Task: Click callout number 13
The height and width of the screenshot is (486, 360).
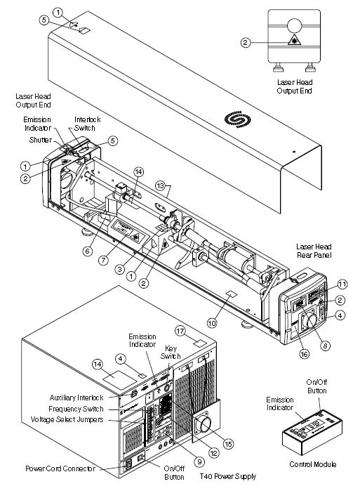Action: tap(160, 185)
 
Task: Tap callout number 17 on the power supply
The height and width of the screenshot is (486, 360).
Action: tap(180, 330)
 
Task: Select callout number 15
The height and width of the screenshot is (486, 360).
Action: tap(228, 444)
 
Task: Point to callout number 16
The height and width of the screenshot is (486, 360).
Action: tap(305, 354)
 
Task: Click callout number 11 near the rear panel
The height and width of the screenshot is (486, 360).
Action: tap(342, 284)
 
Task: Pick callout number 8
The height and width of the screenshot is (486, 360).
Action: tap(325, 346)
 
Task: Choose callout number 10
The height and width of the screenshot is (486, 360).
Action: tap(212, 323)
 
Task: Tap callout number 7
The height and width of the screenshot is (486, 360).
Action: tap(103, 260)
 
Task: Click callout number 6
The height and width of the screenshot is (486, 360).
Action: tap(88, 251)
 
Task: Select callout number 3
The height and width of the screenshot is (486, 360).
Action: tap(120, 269)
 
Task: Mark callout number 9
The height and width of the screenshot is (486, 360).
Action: tap(199, 461)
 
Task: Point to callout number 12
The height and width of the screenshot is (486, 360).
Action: tap(214, 453)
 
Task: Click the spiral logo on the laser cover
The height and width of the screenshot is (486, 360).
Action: tap(238, 119)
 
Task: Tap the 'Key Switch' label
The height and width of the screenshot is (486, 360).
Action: tap(171, 352)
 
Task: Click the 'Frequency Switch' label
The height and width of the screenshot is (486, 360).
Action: tap(76, 409)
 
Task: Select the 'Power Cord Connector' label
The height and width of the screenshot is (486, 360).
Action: tap(60, 468)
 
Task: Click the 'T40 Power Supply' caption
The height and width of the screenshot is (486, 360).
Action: tap(228, 476)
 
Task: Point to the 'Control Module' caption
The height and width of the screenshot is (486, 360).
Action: tap(312, 464)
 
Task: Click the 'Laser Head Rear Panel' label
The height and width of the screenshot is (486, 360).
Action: tap(314, 251)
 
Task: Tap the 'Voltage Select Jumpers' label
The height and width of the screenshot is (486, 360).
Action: tap(67, 420)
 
